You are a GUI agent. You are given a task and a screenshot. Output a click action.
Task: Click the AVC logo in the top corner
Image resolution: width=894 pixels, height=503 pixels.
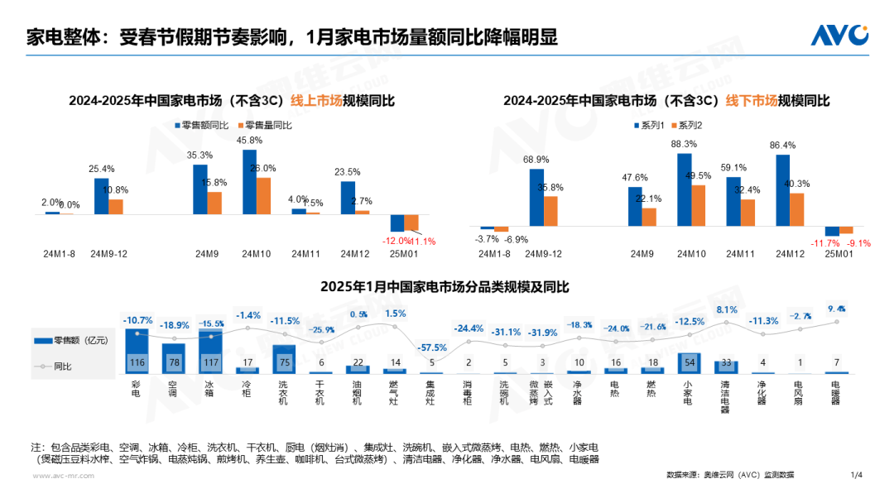pyautogui.click(x=839, y=35)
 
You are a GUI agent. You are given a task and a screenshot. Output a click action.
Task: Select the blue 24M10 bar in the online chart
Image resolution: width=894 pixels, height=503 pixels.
pyautogui.click(x=249, y=182)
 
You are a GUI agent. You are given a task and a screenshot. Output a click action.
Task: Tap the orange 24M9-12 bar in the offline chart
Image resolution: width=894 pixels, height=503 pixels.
pyautogui.click(x=550, y=211)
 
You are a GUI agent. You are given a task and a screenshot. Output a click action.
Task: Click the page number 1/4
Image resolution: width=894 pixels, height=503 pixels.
pyautogui.click(x=856, y=475)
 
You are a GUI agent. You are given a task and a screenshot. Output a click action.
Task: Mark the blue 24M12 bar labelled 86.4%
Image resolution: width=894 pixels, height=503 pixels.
pyautogui.click(x=782, y=189)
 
